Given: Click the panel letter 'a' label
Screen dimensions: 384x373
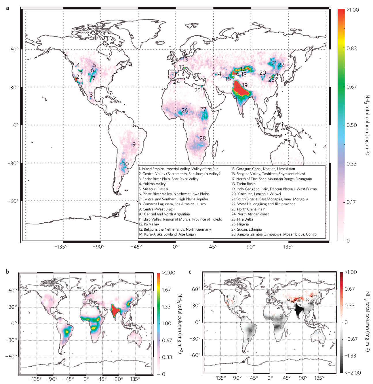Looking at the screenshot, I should click(7, 8).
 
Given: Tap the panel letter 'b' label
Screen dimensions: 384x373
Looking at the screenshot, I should click(7, 272).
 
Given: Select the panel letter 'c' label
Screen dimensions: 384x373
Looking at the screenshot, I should click(190, 272).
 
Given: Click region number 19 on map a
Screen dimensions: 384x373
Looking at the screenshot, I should click(245, 85).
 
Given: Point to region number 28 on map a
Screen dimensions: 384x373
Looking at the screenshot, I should click(203, 138).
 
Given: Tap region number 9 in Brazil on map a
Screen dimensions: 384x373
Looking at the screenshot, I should click(134, 144).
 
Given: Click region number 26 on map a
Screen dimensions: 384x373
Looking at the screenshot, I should click(184, 110).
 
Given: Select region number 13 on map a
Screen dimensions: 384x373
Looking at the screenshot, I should click(185, 59).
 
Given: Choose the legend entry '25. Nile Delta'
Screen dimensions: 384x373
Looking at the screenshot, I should click(242, 219).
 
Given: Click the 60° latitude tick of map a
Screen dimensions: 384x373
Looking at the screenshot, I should click(14, 50).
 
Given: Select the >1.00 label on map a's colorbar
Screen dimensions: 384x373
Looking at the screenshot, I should click(353, 10).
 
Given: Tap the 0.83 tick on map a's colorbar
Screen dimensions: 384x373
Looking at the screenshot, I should click(352, 48).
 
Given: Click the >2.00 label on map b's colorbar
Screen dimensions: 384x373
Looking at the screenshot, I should click(168, 273).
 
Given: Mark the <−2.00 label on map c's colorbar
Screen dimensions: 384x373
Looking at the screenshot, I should click(353, 372).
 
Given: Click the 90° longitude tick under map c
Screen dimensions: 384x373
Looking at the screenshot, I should click(303, 378).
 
